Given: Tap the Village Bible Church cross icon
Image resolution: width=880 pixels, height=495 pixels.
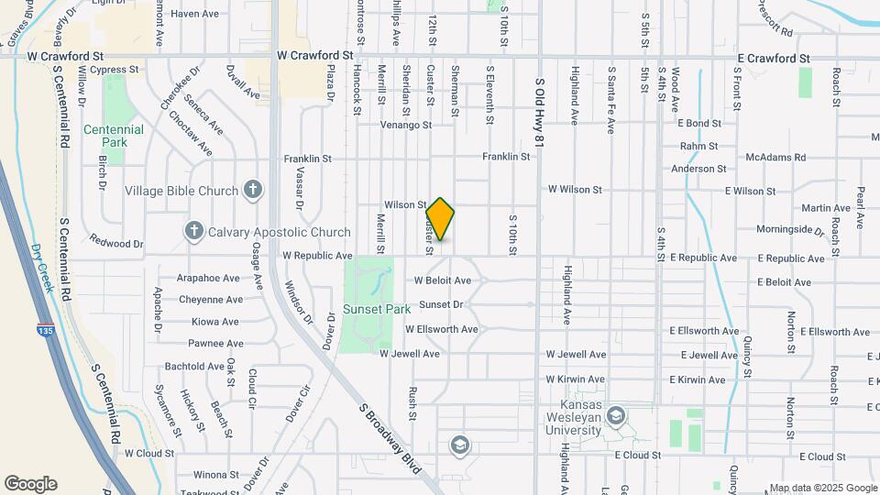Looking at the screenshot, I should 254,191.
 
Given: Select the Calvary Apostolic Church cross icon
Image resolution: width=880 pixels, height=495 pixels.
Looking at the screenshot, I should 193,231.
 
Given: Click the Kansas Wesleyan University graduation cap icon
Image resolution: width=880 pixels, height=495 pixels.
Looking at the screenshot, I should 616,416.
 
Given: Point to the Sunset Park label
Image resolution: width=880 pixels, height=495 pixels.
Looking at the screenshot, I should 377,309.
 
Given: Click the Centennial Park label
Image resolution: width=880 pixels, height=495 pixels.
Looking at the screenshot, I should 114,137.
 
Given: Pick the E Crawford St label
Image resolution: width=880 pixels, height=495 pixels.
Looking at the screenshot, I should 774,58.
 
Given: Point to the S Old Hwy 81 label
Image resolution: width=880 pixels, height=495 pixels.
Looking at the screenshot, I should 539,112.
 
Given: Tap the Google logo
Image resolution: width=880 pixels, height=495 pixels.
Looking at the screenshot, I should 30,484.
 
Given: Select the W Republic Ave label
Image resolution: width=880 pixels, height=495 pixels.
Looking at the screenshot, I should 317,256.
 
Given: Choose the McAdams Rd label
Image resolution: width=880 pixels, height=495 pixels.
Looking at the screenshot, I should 775,158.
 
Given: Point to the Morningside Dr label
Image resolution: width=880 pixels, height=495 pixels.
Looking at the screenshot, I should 790,229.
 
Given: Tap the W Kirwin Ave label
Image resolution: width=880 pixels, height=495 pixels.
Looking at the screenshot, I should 576,379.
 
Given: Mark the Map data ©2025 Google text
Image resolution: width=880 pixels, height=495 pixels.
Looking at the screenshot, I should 822,488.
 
